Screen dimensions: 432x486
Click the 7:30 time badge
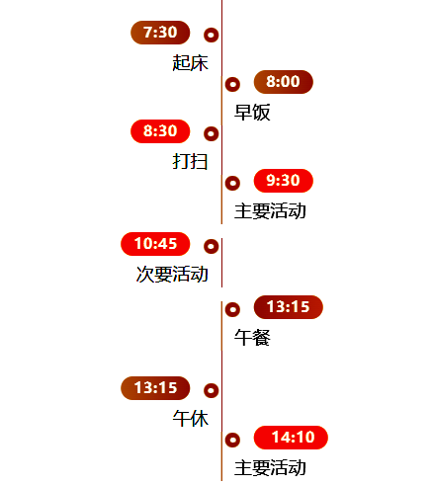160,33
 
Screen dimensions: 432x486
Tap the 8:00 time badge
284,82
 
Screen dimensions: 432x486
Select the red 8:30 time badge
160,131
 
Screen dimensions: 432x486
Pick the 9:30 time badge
284,181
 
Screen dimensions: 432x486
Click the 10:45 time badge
155,244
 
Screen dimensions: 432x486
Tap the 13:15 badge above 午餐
289,307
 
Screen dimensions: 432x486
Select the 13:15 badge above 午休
155,388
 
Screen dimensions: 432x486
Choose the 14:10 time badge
291,438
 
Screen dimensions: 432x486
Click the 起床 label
190,62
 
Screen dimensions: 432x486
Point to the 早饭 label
252,112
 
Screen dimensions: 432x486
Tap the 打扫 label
190,161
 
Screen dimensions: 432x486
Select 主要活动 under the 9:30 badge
270,210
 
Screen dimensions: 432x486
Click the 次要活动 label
172,274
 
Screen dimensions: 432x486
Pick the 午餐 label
252,337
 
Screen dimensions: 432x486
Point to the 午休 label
190,418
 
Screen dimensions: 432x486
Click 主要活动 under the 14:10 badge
270,467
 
